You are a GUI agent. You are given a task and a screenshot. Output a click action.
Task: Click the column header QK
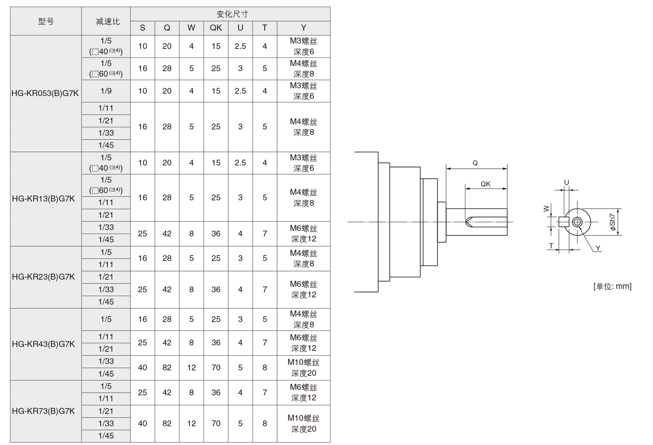pyautogui.click(x=216, y=28)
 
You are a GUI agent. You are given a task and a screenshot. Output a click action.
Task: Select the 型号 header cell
pyautogui.click(x=46, y=21)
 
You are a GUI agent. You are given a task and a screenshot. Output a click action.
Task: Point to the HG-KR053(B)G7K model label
pyautogui.click(x=45, y=93)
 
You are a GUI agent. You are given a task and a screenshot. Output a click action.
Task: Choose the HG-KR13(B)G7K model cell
pyautogui.click(x=44, y=199)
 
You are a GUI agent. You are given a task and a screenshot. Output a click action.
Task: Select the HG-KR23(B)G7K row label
pyautogui.click(x=44, y=277)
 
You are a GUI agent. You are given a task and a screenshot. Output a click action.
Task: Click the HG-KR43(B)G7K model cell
pyautogui.click(x=44, y=344)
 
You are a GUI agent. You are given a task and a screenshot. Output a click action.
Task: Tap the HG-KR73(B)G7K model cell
pyautogui.click(x=44, y=411)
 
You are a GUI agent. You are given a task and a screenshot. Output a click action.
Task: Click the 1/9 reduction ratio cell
pyautogui.click(x=106, y=91)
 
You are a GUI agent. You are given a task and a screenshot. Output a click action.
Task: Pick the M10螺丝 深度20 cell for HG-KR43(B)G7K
pyautogui.click(x=303, y=368)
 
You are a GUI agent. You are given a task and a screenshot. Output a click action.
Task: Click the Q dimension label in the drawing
pyautogui.click(x=475, y=163)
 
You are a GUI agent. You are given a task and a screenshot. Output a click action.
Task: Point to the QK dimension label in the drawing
pyautogui.click(x=485, y=184)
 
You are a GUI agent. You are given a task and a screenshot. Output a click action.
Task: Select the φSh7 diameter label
pyautogui.click(x=612, y=222)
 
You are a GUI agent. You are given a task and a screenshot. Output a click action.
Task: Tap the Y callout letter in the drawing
pyautogui.click(x=598, y=248)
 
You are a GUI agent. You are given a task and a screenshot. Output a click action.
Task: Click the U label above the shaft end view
pyautogui.click(x=566, y=182)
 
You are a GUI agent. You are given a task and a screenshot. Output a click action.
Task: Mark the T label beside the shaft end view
pyautogui.click(x=551, y=246)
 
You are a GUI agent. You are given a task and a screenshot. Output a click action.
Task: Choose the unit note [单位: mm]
pyautogui.click(x=612, y=286)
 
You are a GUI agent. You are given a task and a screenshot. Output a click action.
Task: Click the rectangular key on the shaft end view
pyautogui.click(x=564, y=222)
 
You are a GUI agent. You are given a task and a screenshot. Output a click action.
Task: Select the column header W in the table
pyautogui.click(x=191, y=28)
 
